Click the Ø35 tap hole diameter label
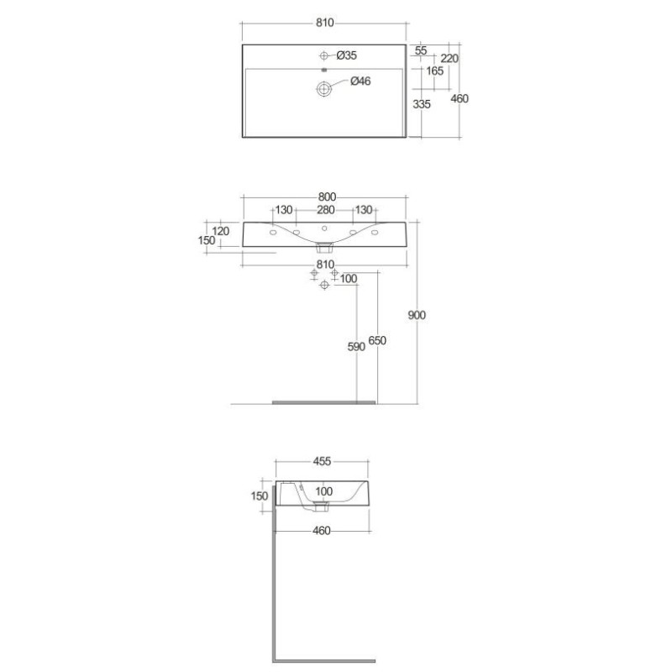[346, 55]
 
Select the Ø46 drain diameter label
[360, 81]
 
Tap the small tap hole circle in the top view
[324, 55]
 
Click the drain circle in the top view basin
[324, 89]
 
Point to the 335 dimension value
[422, 104]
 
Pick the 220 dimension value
[449, 58]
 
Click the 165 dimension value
[434, 71]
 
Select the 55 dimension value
[421, 50]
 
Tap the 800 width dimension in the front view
[327, 197]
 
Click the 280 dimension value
[326, 210]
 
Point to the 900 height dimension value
[417, 316]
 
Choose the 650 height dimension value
[377, 341]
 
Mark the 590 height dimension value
[356, 347]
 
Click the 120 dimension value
[221, 232]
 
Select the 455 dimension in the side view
[322, 461]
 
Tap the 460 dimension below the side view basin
[322, 531]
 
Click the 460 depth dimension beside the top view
[459, 99]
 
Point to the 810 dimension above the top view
[325, 23]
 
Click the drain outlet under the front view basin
[324, 247]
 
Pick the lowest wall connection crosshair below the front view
[324, 285]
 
